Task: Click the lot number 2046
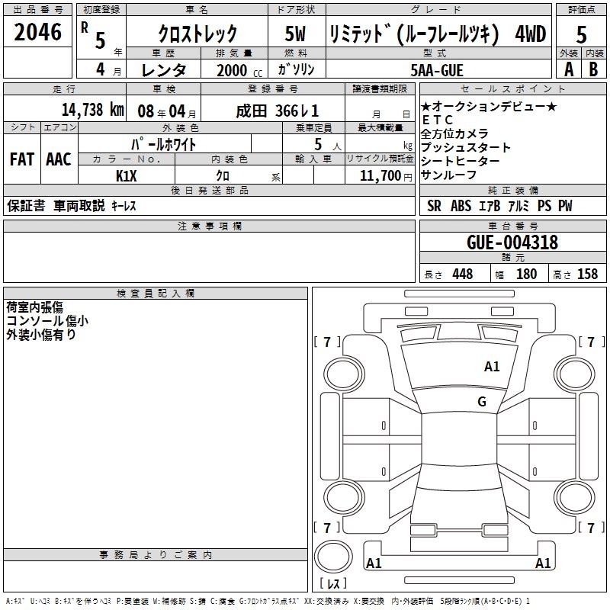point(37,32)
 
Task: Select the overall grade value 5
point(581,34)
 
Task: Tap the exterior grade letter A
point(569,69)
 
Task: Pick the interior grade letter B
point(593,69)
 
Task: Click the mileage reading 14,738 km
point(93,110)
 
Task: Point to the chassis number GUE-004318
point(512,242)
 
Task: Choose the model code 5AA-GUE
point(437,70)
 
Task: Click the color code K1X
point(127,176)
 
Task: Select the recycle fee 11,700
point(380,175)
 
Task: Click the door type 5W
point(295,34)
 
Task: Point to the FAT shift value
point(22,159)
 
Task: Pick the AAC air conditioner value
point(59,159)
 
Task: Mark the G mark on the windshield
point(482,402)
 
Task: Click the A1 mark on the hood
point(492,367)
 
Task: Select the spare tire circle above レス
point(333,557)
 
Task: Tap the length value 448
point(463,274)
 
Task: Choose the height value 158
point(587,274)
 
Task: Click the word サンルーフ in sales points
point(448,175)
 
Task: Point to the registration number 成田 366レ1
point(278,111)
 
